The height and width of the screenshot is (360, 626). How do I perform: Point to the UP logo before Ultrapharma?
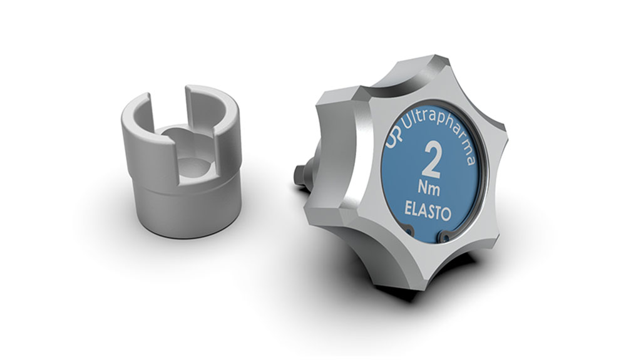393,136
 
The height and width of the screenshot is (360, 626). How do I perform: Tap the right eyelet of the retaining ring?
444,236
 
